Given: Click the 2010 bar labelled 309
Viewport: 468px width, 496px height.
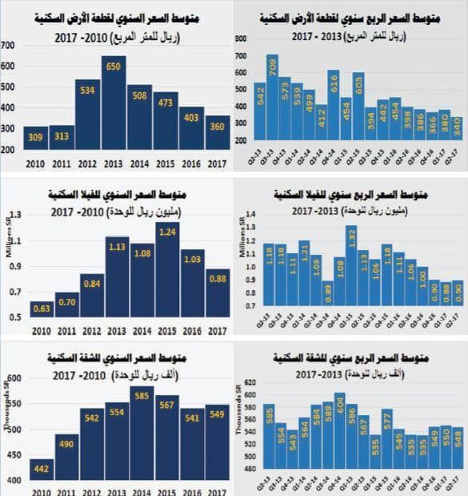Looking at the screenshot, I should (x=35, y=138).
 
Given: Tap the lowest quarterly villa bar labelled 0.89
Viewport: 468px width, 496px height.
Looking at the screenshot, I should (x=326, y=304).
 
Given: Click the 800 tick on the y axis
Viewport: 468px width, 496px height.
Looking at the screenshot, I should (x=242, y=38).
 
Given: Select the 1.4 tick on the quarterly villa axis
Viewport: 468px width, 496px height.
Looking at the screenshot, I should (x=244, y=214).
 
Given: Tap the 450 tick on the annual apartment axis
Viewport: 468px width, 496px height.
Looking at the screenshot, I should (x=10, y=452).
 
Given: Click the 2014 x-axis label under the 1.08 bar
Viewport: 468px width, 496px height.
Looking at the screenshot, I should (x=140, y=329).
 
